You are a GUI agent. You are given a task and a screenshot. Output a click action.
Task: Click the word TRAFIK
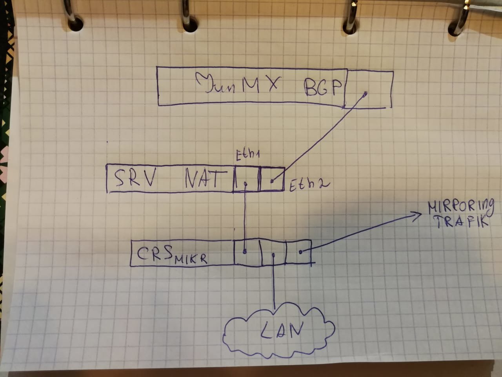point(461,221)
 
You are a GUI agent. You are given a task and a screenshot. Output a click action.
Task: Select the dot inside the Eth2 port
point(272,181)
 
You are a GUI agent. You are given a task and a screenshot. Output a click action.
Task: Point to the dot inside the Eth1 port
point(246,183)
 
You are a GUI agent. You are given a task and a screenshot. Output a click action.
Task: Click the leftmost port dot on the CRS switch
point(245,252)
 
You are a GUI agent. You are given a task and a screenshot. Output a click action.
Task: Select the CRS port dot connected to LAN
point(274,254)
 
